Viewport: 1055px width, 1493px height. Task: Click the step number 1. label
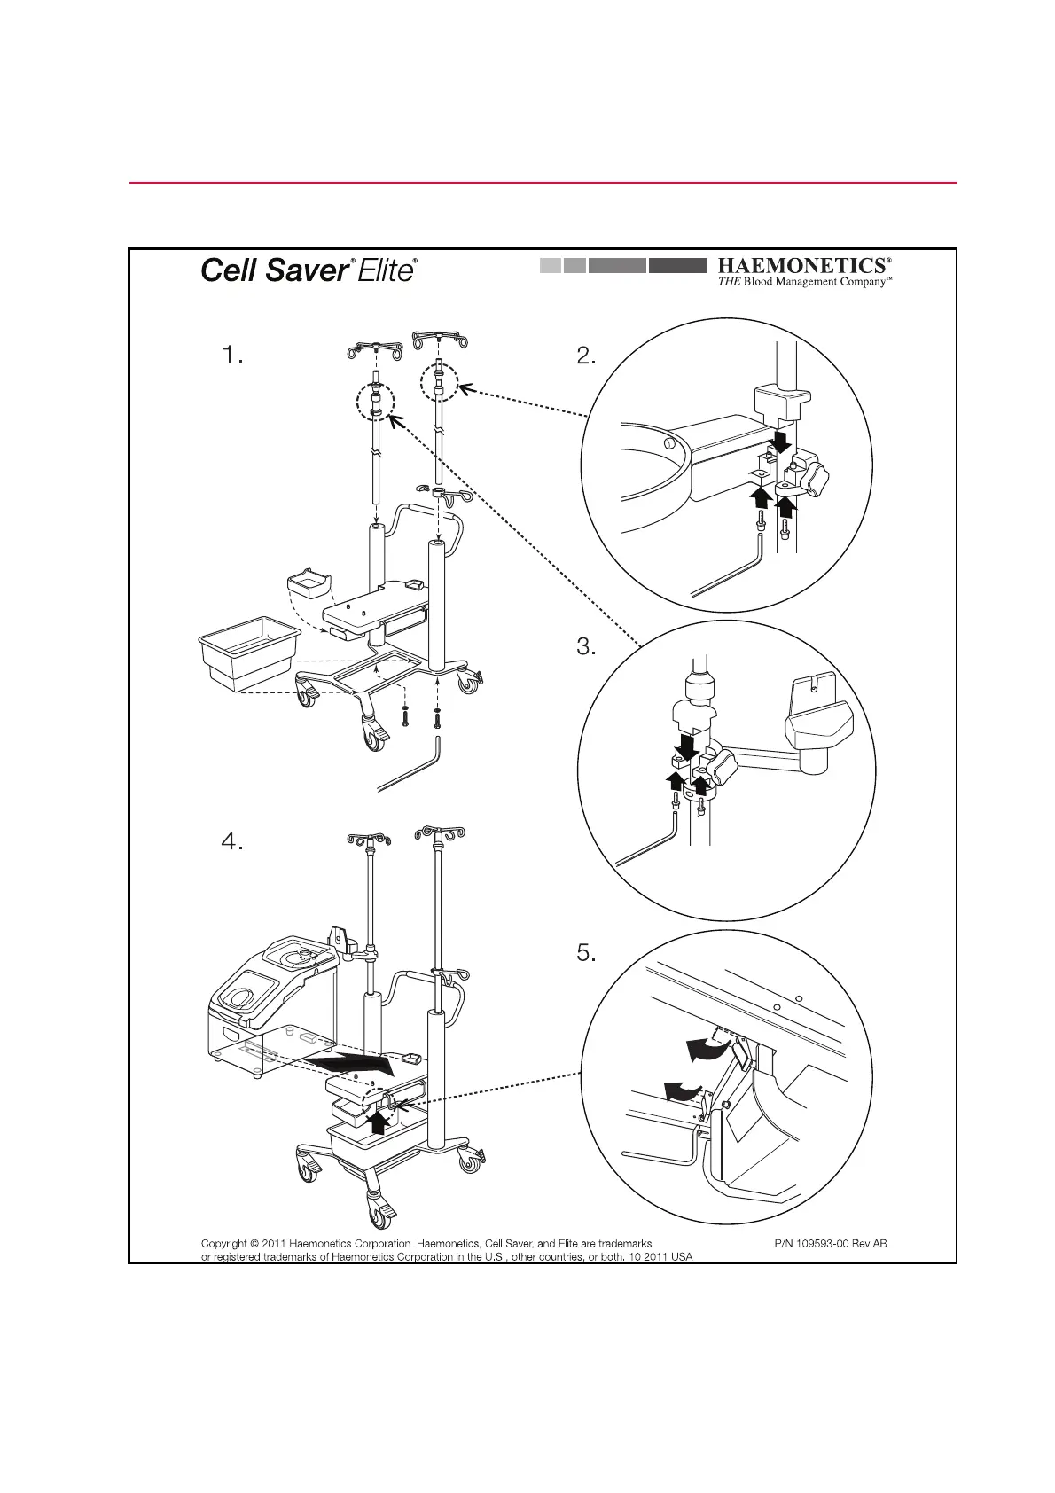point(231,356)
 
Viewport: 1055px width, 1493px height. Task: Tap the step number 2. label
point(586,356)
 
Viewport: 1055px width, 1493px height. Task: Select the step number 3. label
point(586,647)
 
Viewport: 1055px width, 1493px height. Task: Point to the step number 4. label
point(231,842)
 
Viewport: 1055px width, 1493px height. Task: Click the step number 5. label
point(586,954)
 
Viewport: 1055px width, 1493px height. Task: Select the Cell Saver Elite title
point(309,270)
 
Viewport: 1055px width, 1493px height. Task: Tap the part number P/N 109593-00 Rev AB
point(830,1243)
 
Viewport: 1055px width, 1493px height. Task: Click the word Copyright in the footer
point(223,1243)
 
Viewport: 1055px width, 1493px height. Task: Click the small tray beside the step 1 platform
point(309,586)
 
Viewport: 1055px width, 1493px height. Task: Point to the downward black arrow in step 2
point(781,441)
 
